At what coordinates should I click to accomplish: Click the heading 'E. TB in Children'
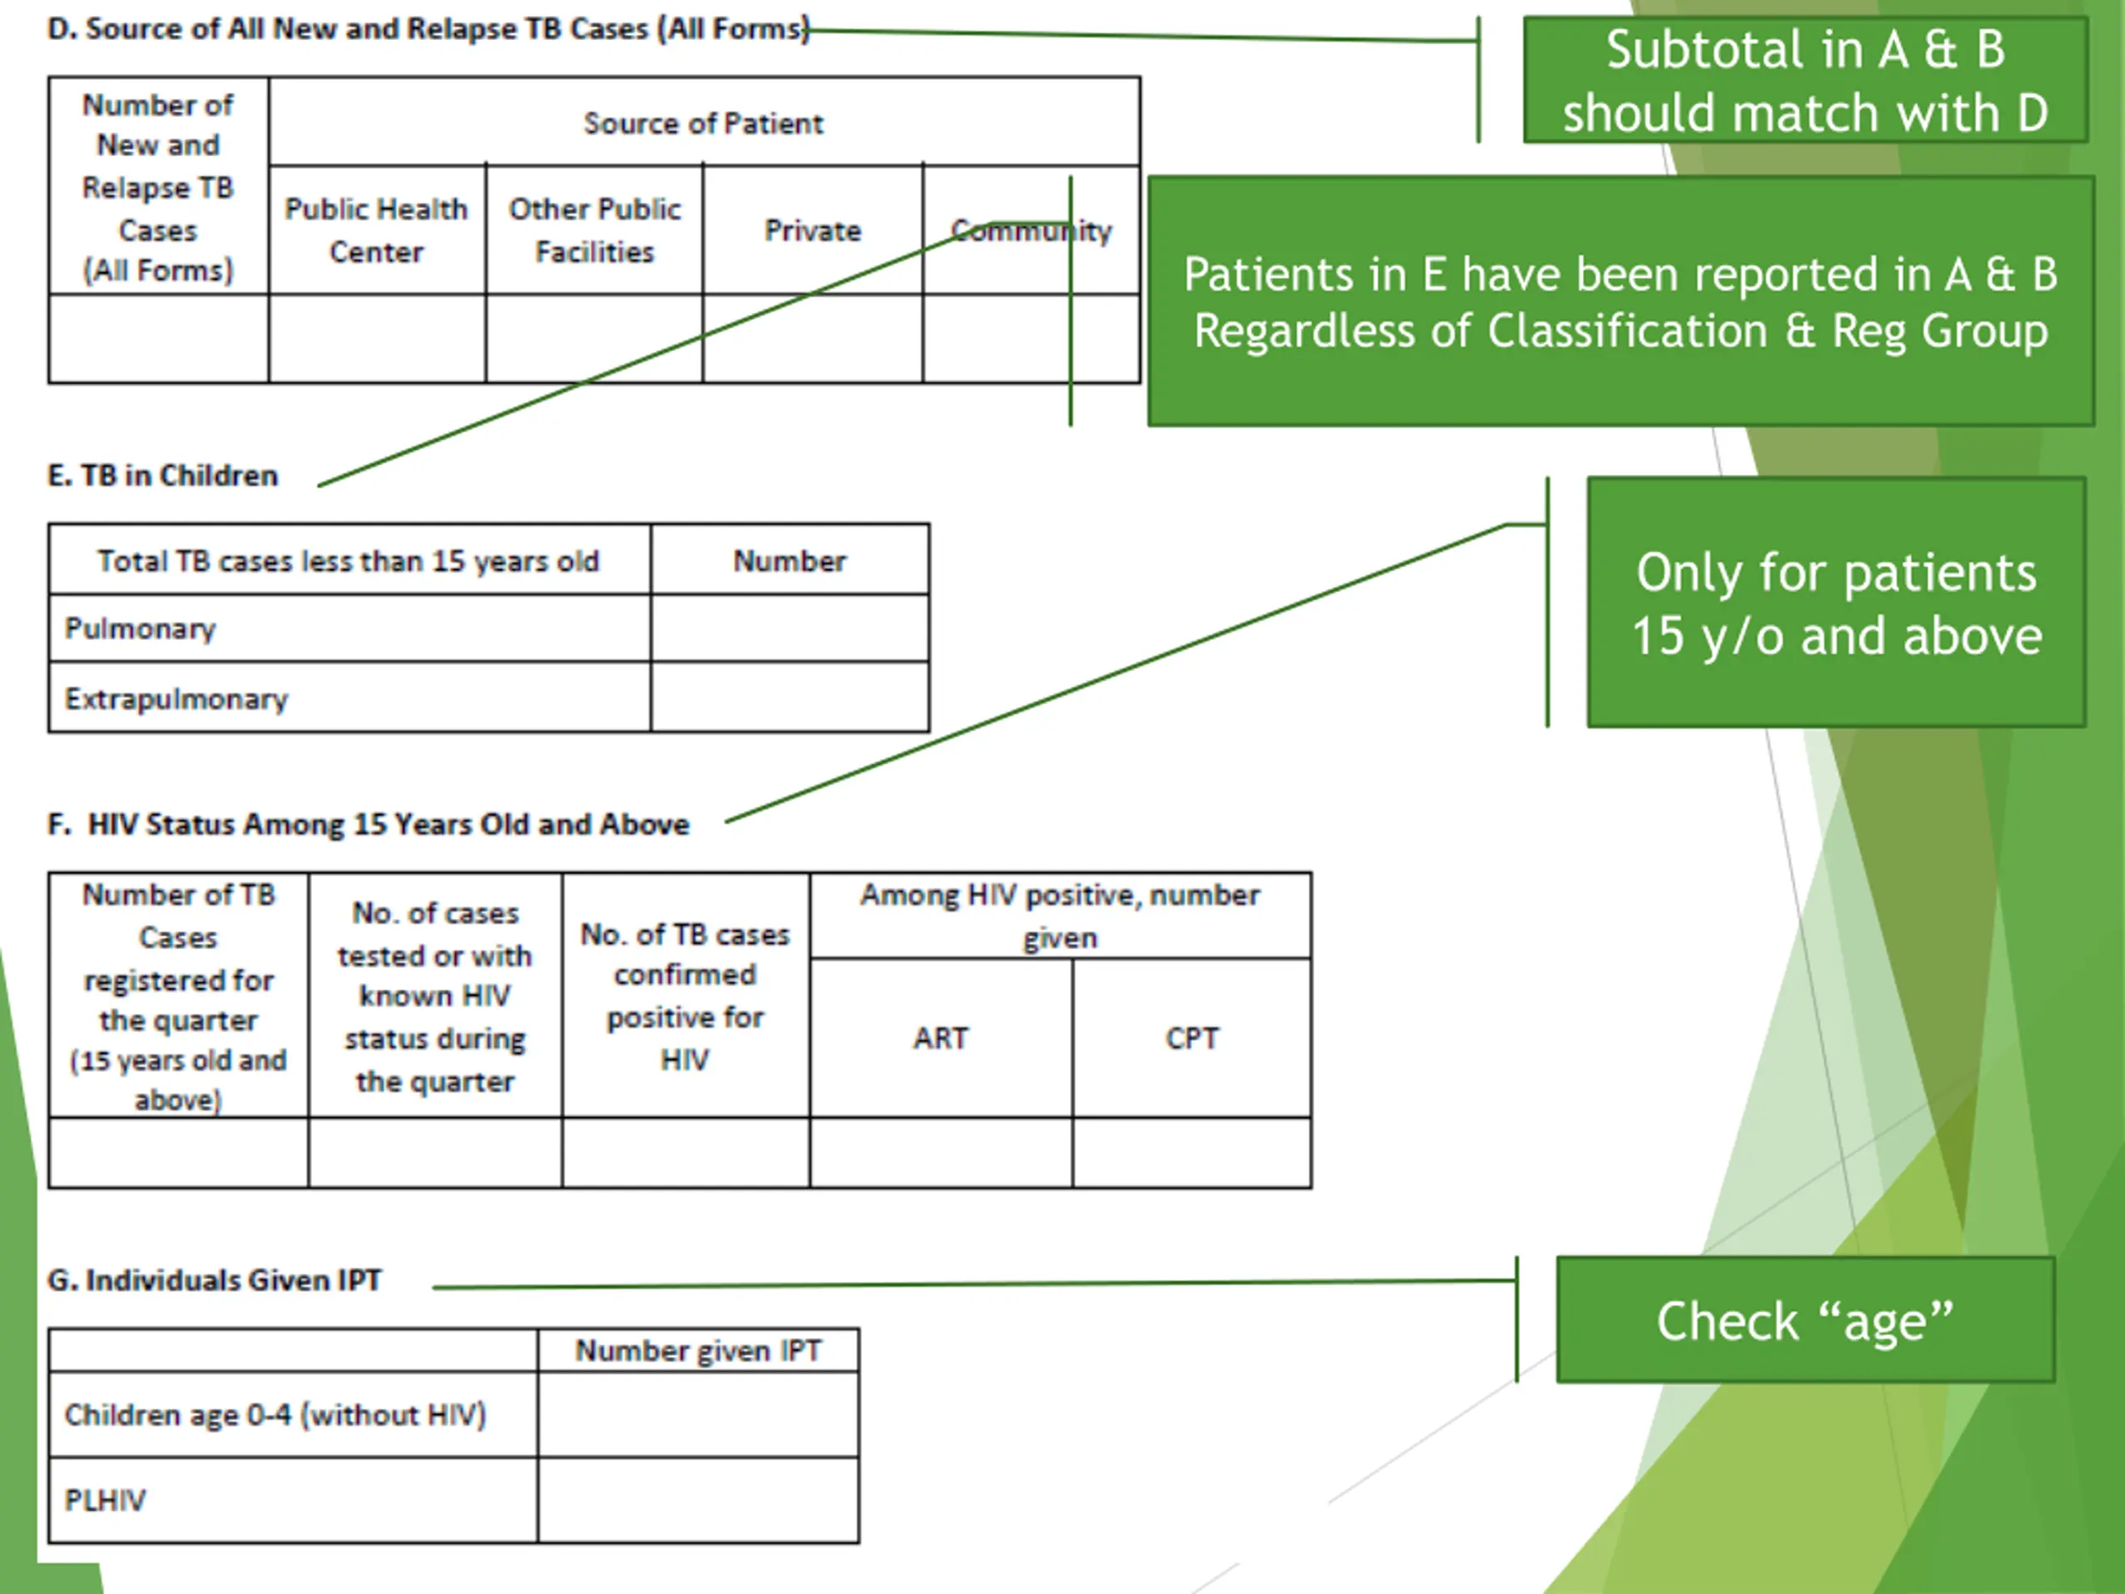[x=163, y=476]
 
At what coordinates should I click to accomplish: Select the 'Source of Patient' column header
[x=703, y=123]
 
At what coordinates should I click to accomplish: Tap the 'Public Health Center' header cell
[x=377, y=231]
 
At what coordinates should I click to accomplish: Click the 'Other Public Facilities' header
[x=594, y=231]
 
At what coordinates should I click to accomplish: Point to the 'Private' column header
[x=813, y=231]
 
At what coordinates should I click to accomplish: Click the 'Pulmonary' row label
[x=140, y=628]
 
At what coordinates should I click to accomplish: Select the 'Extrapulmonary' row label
[x=176, y=698]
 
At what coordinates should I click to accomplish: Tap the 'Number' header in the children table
[x=789, y=560]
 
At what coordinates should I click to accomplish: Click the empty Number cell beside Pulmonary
[x=789, y=628]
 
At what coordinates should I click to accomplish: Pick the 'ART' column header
[x=940, y=1038]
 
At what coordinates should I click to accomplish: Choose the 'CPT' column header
[x=1192, y=1038]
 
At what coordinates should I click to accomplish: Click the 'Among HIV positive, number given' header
[x=1060, y=916]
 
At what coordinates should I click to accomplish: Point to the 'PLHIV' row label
[x=105, y=1500]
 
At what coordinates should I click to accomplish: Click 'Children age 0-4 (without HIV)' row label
[x=276, y=1415]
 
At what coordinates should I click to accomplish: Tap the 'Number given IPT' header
[x=698, y=1351]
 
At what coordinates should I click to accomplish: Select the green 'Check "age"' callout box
[x=1805, y=1319]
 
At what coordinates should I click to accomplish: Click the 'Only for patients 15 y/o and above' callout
[x=1836, y=603]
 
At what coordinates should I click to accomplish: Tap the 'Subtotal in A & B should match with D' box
[x=1805, y=80]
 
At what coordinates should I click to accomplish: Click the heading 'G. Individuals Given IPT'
[x=214, y=1280]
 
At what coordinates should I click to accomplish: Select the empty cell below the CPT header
[x=1192, y=1152]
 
